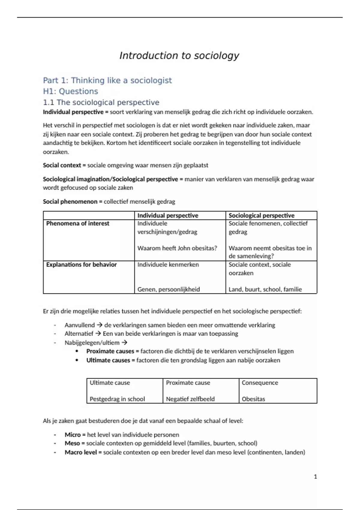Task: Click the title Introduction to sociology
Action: click(x=179, y=55)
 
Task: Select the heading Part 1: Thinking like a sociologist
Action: click(x=107, y=80)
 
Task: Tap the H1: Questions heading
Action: click(x=70, y=91)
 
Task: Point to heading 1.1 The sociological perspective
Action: click(x=101, y=102)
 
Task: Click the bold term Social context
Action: click(x=62, y=165)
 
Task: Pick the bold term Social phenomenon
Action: click(x=70, y=202)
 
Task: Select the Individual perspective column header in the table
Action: click(x=168, y=215)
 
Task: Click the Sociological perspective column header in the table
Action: click(x=261, y=215)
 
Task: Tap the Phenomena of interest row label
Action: click(x=78, y=223)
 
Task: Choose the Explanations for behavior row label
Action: click(x=81, y=265)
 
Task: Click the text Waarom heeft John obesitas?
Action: click(x=177, y=248)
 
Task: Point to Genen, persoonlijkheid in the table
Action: click(x=168, y=289)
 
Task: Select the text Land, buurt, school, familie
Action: click(x=265, y=289)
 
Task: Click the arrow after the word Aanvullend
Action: click(x=99, y=325)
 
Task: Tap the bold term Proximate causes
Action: click(x=110, y=351)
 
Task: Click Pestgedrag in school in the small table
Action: click(x=117, y=399)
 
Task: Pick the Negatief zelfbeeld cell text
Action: click(x=190, y=399)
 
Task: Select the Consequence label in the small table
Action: click(x=260, y=383)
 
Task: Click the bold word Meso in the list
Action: click(x=72, y=443)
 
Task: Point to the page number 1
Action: click(x=315, y=477)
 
